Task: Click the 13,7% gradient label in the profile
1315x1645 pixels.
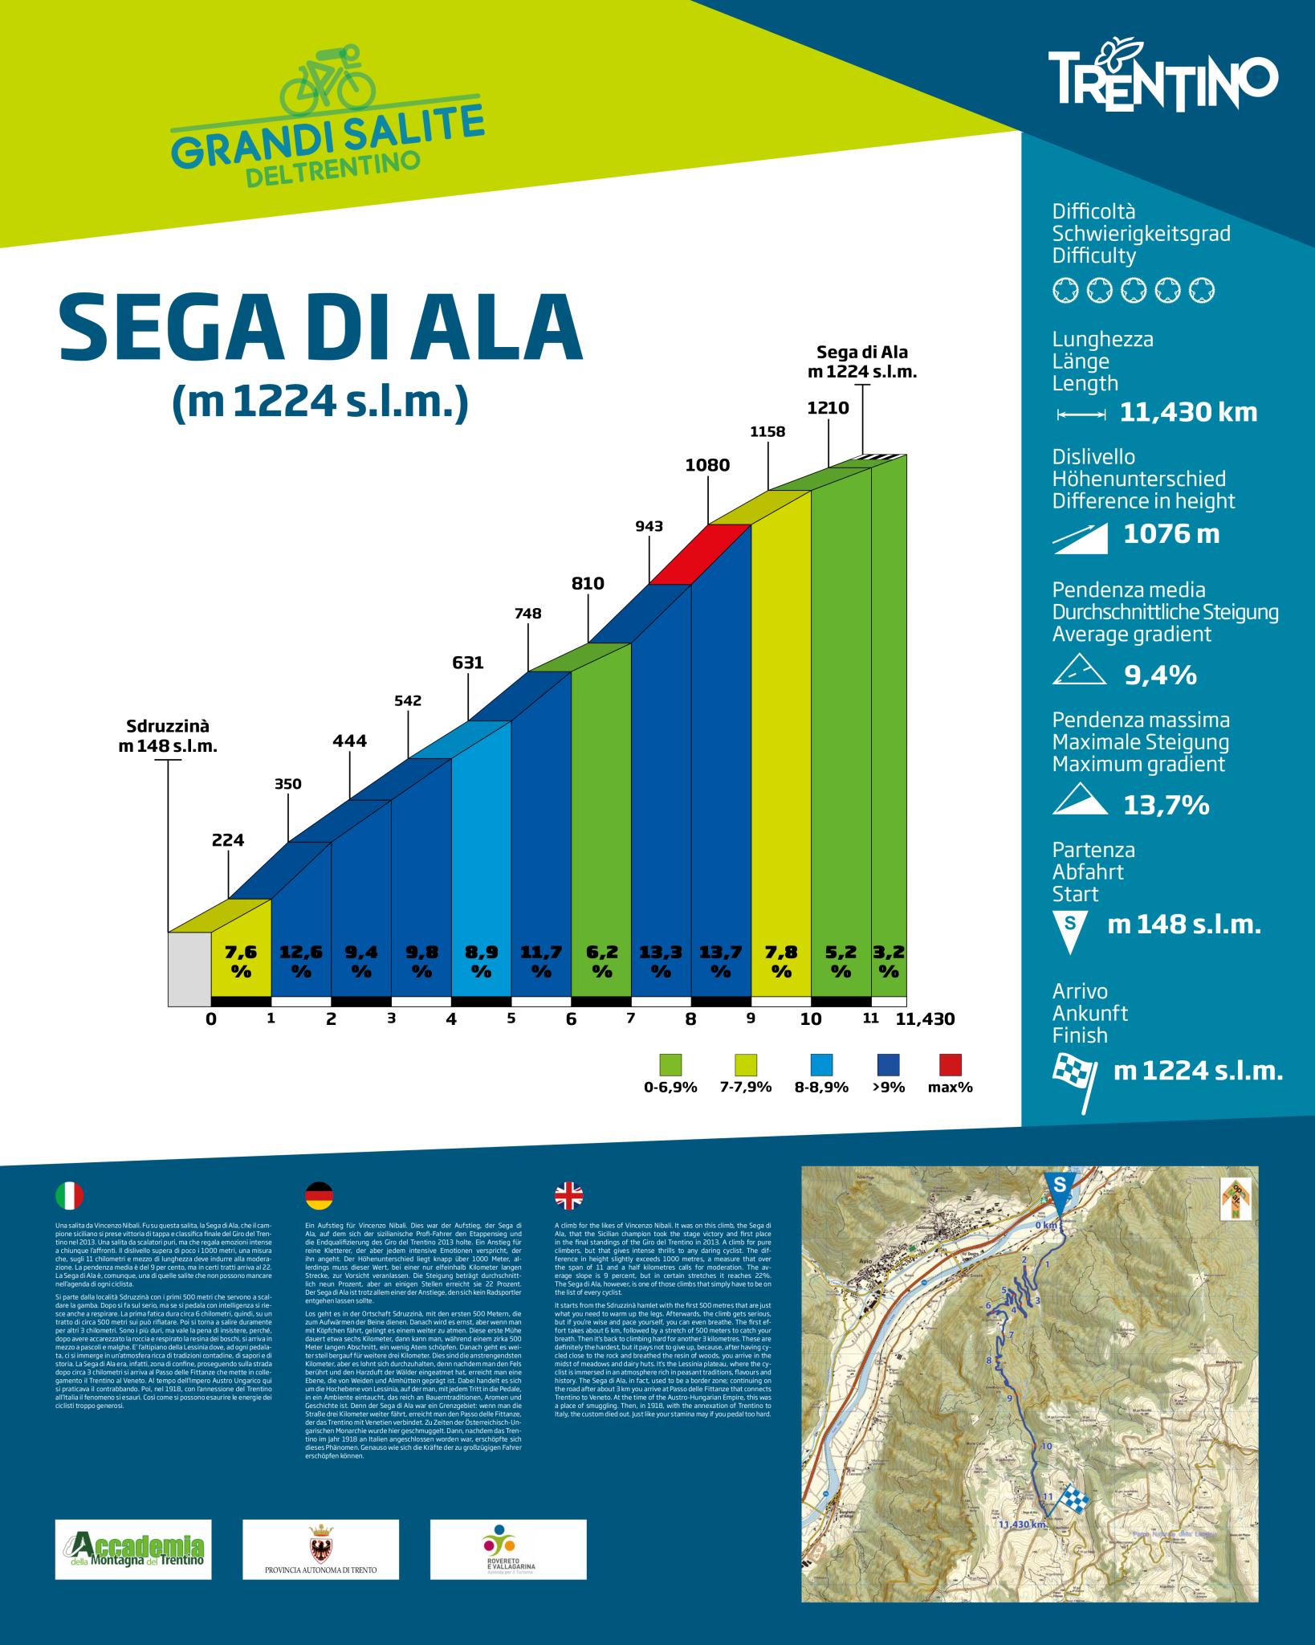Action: [x=720, y=961]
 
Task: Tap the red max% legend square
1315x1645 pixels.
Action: [x=950, y=1064]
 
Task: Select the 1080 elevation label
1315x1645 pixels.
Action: [x=707, y=465]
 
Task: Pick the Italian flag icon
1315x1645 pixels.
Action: [x=69, y=1196]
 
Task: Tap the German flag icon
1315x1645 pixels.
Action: [x=320, y=1196]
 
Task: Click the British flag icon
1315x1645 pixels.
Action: [x=569, y=1196]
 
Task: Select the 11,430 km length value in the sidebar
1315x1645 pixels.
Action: [x=1188, y=414]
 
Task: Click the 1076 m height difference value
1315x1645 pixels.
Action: [x=1170, y=534]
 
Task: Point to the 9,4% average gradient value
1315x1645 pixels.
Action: [x=1160, y=676]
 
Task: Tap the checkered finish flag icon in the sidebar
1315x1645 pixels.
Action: [x=1073, y=1072]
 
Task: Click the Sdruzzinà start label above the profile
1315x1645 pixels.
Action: [x=168, y=736]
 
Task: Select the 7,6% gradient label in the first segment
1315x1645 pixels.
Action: [x=241, y=961]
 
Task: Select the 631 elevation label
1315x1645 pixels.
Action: [x=467, y=663]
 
